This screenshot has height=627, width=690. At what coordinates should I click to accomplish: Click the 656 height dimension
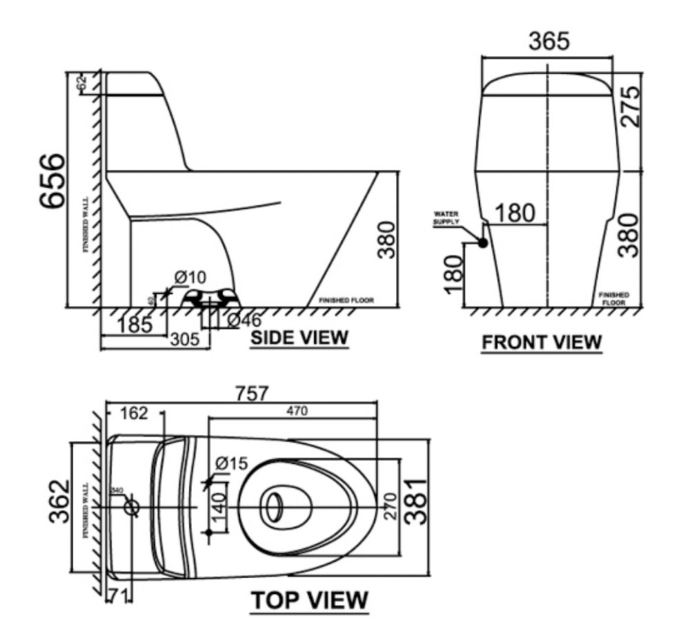point(52,181)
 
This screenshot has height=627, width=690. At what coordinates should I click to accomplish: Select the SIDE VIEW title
point(299,338)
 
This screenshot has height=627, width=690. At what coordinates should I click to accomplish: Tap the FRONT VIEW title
point(542,342)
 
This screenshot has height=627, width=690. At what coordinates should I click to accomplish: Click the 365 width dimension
point(549,41)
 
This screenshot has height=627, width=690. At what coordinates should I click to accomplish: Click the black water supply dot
point(482,243)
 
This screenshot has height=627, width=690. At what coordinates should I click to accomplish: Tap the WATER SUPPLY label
point(446,218)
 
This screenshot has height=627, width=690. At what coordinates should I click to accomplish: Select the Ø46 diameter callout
point(244,320)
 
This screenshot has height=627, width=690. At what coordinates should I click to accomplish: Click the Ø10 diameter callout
point(190,277)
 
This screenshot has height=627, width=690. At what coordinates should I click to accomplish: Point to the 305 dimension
point(185,339)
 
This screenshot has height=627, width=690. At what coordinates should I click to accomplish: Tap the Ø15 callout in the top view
point(231,464)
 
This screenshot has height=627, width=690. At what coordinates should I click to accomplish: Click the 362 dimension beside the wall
point(61,501)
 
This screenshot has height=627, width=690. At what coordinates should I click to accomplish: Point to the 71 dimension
point(116,595)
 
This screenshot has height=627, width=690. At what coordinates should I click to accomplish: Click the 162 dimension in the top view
point(133,414)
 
